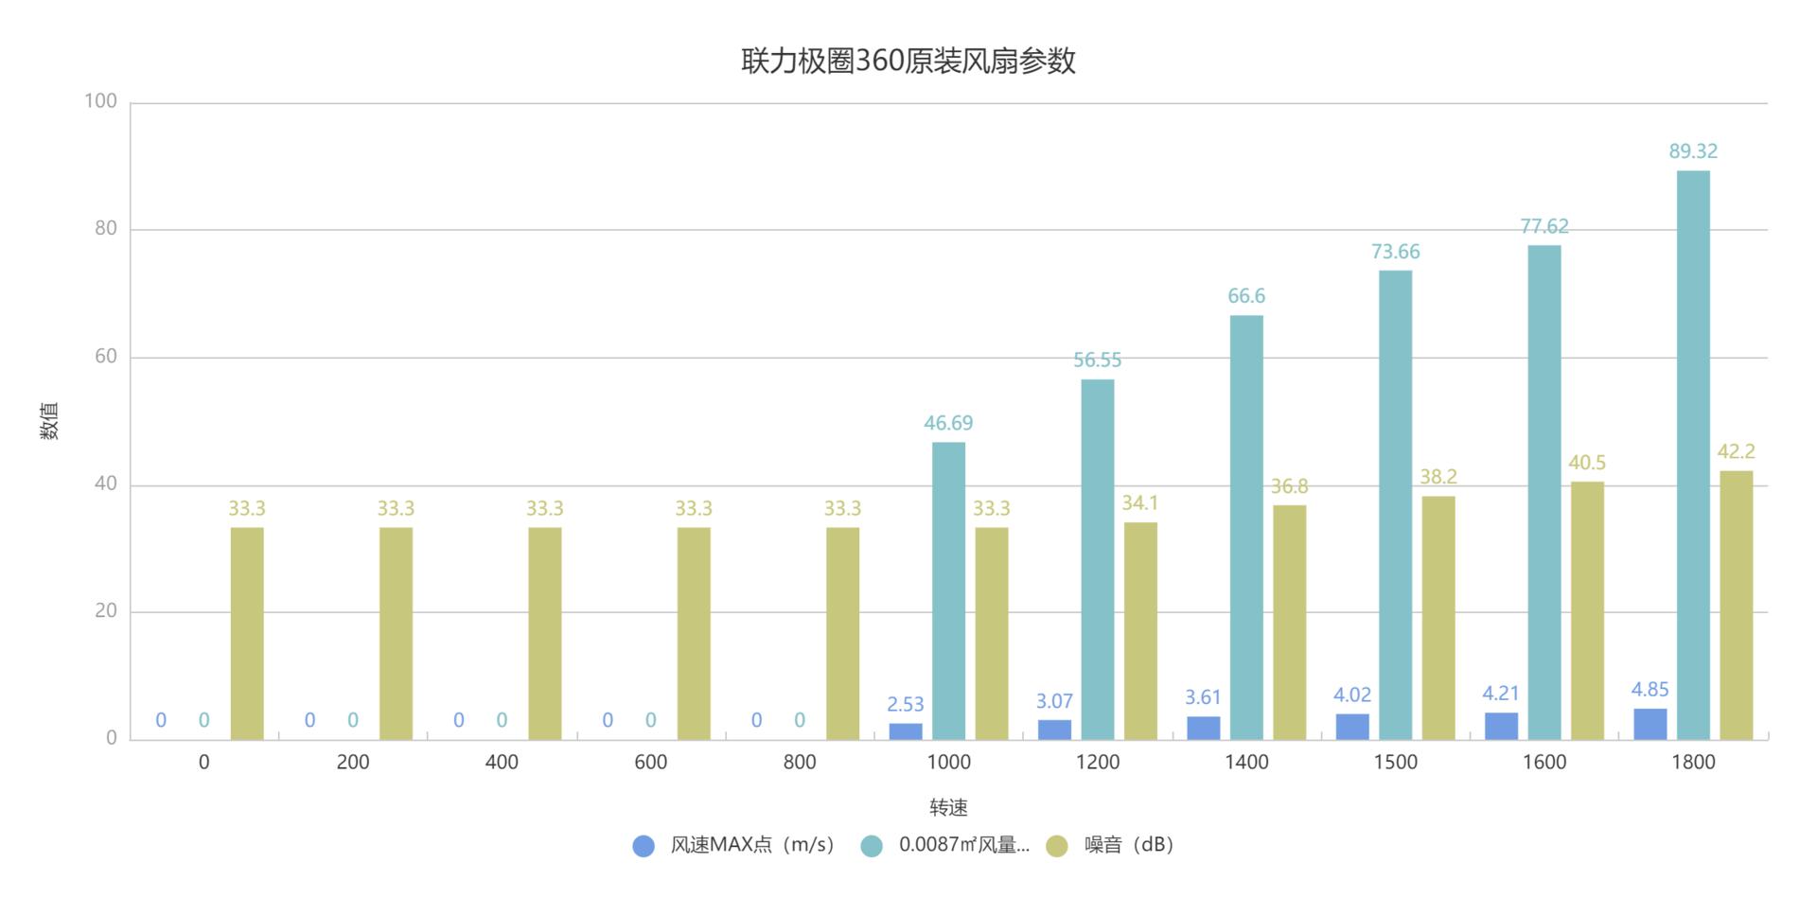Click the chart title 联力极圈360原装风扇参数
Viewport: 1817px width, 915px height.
(x=908, y=62)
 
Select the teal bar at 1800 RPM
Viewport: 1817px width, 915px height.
(x=1693, y=454)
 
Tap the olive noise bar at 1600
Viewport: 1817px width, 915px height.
(x=1587, y=610)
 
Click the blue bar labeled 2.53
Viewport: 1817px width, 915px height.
(x=906, y=731)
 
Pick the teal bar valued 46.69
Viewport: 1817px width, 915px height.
(x=948, y=590)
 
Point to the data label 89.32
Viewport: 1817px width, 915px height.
(x=1693, y=151)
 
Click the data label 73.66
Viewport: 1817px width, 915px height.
(x=1395, y=252)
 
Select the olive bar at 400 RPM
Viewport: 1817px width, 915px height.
(x=545, y=633)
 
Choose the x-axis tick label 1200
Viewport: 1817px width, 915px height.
(x=1098, y=763)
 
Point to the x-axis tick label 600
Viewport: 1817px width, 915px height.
(x=651, y=763)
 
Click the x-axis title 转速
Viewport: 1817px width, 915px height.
(x=948, y=808)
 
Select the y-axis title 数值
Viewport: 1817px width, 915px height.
(x=50, y=421)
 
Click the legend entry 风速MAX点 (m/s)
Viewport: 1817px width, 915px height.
(x=751, y=845)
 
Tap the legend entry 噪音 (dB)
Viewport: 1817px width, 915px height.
(x=1128, y=845)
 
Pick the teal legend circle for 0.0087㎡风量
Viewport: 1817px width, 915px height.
(x=872, y=846)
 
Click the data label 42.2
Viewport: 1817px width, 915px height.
(x=1736, y=452)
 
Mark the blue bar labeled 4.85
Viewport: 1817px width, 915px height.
(x=1650, y=724)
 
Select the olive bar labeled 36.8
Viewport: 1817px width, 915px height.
(x=1289, y=622)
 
